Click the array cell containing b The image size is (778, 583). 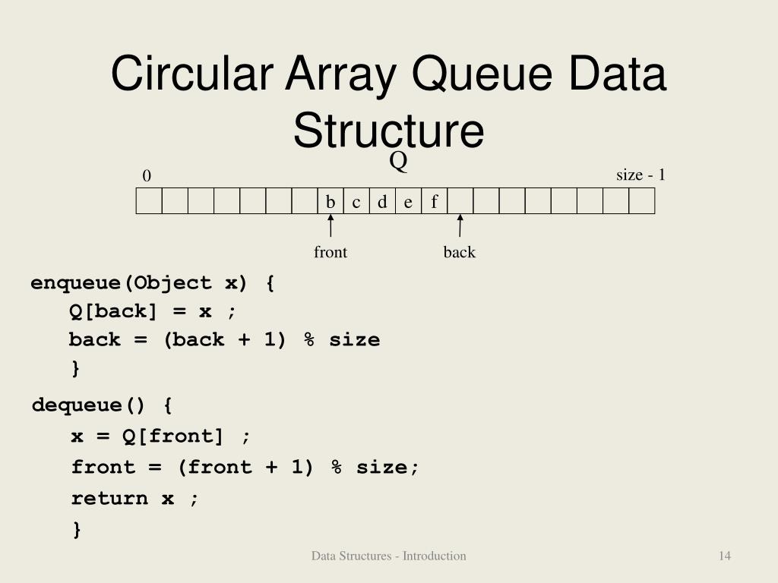coord(330,202)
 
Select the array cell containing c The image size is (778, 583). coord(356,202)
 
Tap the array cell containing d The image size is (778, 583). coord(382,202)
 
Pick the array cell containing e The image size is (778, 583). coord(408,202)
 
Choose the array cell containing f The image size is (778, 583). coord(434,202)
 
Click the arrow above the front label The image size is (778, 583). coord(330,226)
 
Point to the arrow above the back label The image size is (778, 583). coord(460,226)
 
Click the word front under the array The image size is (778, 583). coord(330,252)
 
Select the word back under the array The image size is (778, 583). coord(460,252)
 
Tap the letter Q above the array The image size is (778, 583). coord(399,161)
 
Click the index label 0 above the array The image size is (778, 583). coord(147,176)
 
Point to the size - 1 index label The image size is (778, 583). coord(640,175)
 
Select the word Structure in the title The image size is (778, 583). coord(388,130)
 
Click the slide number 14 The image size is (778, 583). coord(725,556)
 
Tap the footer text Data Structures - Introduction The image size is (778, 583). coord(388,556)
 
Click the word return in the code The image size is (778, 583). coord(109,498)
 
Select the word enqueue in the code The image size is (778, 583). coord(76,283)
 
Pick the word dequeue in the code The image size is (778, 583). coord(77,405)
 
